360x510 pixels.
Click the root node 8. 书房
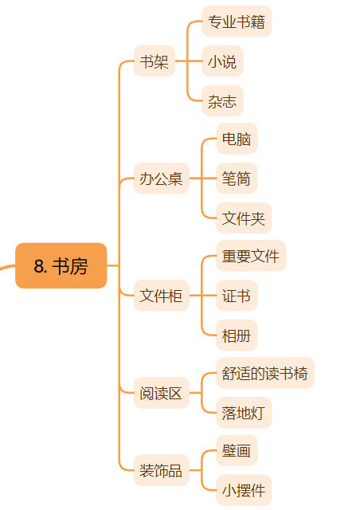(x=61, y=265)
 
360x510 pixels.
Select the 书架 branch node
(x=155, y=61)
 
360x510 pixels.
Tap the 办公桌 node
(x=162, y=178)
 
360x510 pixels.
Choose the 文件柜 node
(x=162, y=296)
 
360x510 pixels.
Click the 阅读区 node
(x=162, y=393)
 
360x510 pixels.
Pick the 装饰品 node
(x=162, y=470)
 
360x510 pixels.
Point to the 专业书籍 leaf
(x=237, y=22)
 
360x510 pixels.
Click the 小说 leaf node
(x=222, y=61)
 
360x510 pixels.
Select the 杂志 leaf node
(x=222, y=101)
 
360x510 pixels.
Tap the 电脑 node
(x=237, y=139)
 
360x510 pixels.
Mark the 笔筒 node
(x=237, y=178)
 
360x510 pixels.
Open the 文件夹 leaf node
(x=244, y=218)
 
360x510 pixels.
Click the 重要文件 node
(x=251, y=256)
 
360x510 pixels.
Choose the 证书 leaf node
(x=237, y=296)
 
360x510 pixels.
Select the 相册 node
(x=237, y=335)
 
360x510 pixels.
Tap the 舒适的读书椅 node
(x=265, y=373)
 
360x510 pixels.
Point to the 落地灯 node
(x=244, y=413)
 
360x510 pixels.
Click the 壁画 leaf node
(x=237, y=450)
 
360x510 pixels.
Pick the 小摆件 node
(x=244, y=490)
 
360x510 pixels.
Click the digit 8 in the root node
(x=39, y=266)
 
